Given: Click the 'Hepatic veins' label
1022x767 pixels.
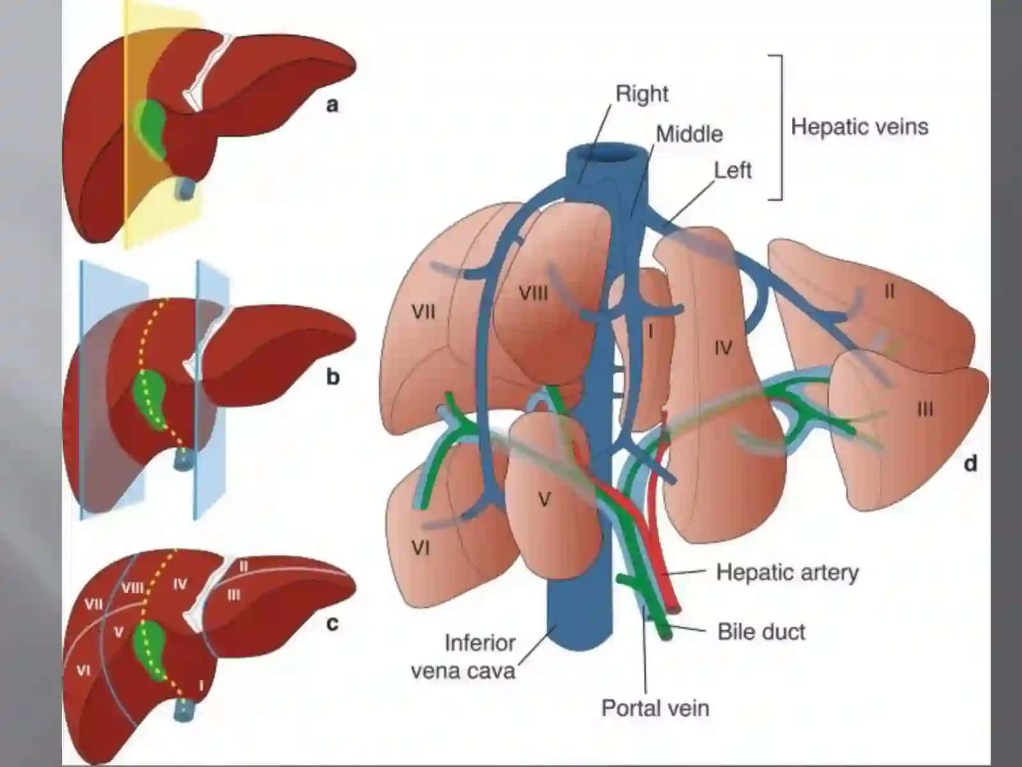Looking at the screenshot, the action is [860, 127].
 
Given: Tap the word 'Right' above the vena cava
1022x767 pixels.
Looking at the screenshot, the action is [641, 94].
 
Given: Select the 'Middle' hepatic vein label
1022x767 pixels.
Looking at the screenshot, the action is [690, 135].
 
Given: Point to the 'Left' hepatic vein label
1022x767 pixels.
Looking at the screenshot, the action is [733, 171].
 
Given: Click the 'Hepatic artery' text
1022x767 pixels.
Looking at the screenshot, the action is [788, 572].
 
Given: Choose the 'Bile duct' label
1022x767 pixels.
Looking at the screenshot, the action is [761, 632].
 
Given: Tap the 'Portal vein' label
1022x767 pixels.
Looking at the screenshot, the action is [655, 708].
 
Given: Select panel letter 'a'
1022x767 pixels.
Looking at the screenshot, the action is [332, 105].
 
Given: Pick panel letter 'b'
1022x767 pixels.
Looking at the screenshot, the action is [332, 376].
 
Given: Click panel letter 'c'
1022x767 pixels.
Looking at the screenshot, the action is [332, 623].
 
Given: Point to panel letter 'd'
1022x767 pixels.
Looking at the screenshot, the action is [970, 463].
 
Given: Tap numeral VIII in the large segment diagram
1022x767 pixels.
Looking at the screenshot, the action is [533, 293].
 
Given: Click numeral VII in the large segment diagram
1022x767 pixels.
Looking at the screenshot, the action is [423, 311].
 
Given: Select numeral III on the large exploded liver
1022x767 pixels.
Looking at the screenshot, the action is [925, 410].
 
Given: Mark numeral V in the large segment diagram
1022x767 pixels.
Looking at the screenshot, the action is [544, 500].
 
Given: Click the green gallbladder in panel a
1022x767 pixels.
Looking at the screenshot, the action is [151, 128].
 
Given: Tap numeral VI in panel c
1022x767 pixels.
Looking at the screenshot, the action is [83, 670].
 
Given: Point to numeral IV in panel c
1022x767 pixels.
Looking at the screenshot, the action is [179, 584].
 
